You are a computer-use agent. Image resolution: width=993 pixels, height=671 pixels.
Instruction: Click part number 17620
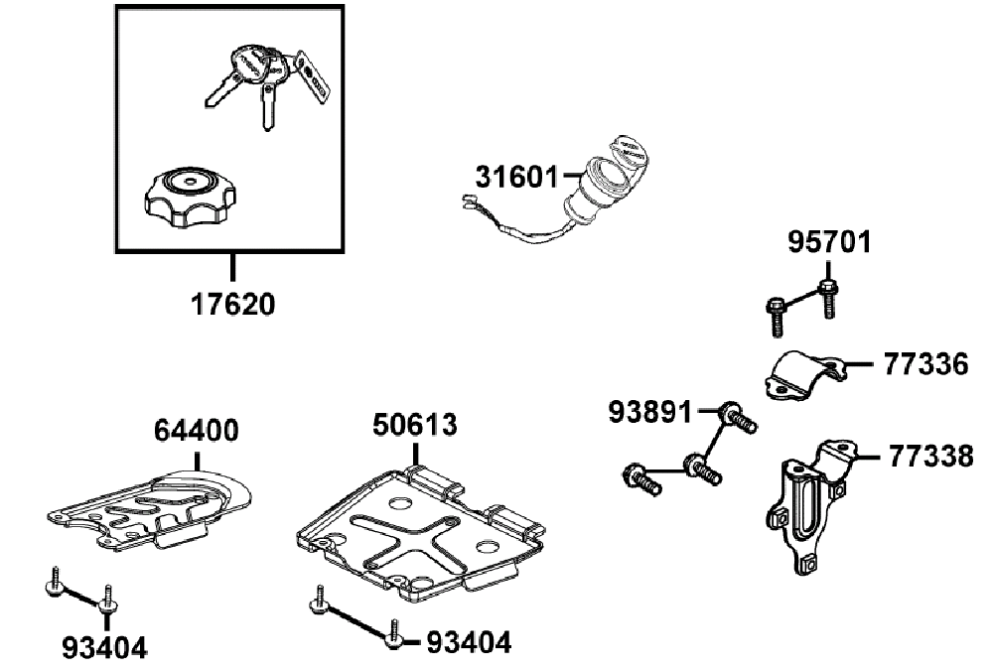coord(233,305)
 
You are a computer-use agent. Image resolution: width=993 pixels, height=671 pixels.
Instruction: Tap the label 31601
coord(517,178)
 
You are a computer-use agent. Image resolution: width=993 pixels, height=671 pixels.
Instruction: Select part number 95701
coord(829,242)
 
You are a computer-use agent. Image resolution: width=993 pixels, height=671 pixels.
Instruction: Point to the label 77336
coord(925,364)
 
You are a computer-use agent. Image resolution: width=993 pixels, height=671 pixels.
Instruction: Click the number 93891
coord(650,412)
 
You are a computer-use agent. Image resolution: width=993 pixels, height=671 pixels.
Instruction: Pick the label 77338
coord(931,457)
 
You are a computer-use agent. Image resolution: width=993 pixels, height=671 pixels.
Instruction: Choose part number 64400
coord(197,431)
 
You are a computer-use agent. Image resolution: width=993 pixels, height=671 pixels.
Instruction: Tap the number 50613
coord(415,425)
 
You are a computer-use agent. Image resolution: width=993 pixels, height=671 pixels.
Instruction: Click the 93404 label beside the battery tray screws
coord(469,642)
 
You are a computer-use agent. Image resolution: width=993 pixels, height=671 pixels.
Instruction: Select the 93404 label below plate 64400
coord(104,647)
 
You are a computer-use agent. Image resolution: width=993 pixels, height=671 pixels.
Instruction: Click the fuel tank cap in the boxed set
coord(190,199)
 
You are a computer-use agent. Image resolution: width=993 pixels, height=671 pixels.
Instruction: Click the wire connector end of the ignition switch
coord(470,201)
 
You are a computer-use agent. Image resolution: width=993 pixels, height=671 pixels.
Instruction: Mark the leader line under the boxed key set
coord(233,266)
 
